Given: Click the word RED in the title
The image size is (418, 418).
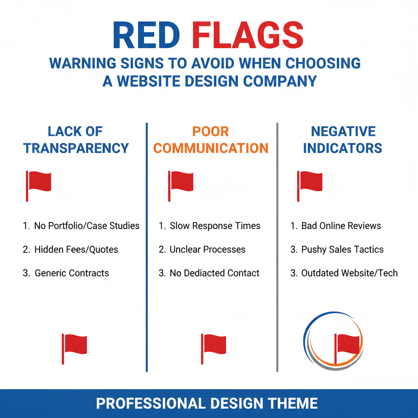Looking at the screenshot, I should (x=146, y=36).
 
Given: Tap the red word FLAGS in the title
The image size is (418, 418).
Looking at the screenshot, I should (x=248, y=36).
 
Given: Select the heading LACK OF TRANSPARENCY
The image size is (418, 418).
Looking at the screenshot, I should (x=76, y=140).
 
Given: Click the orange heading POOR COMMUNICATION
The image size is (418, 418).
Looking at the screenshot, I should (x=211, y=140).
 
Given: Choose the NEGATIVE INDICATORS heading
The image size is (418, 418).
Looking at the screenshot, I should (x=343, y=140).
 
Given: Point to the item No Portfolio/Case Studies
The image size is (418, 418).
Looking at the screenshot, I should (x=87, y=226).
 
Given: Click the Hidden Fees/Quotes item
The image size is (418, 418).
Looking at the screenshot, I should (x=76, y=249).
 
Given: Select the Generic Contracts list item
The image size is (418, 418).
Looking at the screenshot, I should (x=72, y=273).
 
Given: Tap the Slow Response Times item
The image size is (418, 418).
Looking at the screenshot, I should (x=215, y=226).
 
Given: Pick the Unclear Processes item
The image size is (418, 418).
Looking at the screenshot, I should (x=207, y=249).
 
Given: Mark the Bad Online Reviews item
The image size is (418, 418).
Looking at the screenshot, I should (x=341, y=226).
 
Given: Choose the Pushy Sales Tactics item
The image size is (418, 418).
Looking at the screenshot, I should (x=342, y=249).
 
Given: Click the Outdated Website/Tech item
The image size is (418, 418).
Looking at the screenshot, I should (x=349, y=273).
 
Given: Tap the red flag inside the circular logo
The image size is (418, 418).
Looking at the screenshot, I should (x=347, y=345).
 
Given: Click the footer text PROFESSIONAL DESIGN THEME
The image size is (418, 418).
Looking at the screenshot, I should (x=207, y=404).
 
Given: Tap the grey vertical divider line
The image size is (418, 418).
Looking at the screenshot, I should (x=277, y=245).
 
